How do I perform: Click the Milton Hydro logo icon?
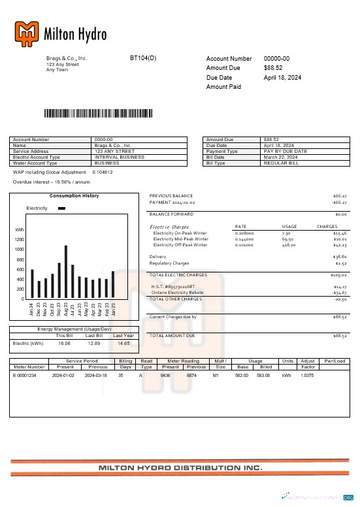click(27, 33)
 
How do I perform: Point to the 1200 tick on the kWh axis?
click(20, 240)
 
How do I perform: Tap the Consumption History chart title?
click(74, 196)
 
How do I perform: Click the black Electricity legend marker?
click(61, 208)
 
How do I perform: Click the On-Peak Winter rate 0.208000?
click(244, 233)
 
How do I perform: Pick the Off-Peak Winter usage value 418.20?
click(289, 245)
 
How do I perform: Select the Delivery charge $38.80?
click(339, 257)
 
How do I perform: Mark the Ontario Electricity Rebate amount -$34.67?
click(338, 292)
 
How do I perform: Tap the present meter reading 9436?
click(165, 375)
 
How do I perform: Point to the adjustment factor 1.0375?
click(308, 375)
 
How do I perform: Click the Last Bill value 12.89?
click(94, 342)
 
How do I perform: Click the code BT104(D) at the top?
click(143, 58)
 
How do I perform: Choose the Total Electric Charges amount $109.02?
click(338, 275)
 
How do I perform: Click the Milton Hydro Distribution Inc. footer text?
click(180, 468)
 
